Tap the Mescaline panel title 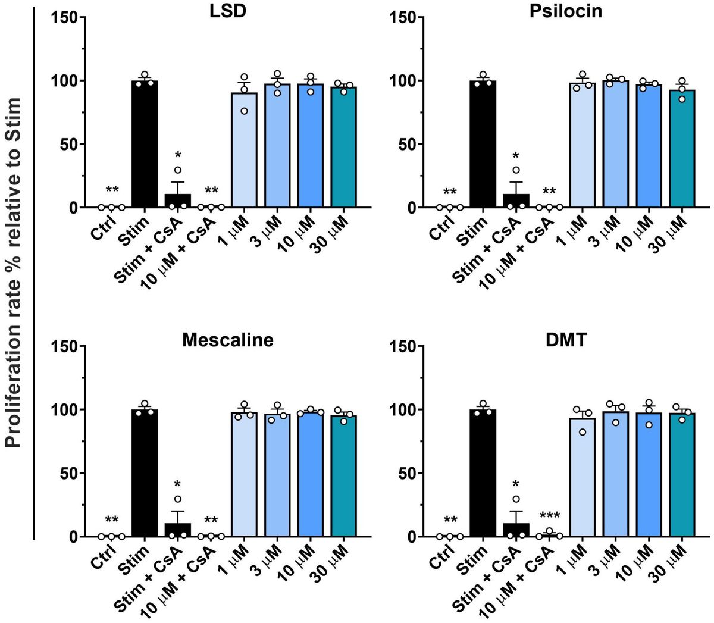click(228, 340)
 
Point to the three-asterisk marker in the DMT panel click(549, 516)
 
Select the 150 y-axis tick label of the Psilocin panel click(402, 18)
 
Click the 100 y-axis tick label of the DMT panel click(402, 410)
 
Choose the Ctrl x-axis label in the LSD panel click(105, 226)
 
